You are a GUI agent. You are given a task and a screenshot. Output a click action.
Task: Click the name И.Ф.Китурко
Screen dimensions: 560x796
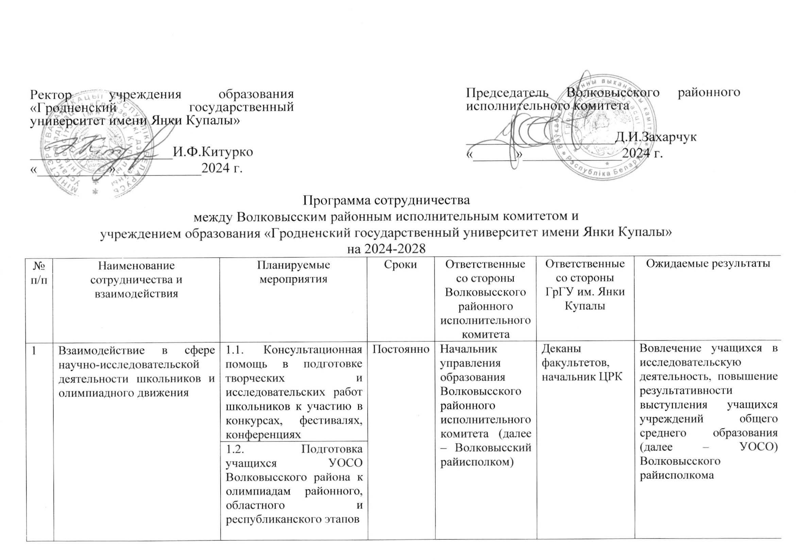(x=213, y=152)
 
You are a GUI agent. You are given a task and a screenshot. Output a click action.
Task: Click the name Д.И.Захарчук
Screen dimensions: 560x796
(x=655, y=137)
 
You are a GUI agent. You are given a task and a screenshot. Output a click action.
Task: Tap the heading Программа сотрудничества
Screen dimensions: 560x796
(x=387, y=200)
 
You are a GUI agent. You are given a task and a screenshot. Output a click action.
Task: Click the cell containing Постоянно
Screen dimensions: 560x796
(x=401, y=349)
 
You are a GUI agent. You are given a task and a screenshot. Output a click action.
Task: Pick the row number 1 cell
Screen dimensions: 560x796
(x=34, y=351)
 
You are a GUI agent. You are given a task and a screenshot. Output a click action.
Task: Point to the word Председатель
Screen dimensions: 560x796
(x=507, y=93)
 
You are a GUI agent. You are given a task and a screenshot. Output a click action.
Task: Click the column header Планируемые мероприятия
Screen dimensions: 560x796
(x=293, y=272)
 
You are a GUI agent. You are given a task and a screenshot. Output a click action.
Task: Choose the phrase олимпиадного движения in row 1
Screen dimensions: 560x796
(x=123, y=392)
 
